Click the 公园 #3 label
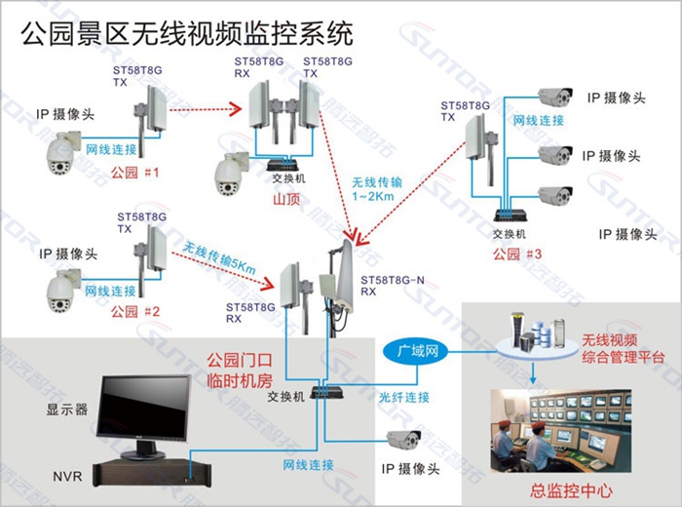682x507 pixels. coord(515,254)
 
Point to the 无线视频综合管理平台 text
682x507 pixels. coord(619,349)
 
